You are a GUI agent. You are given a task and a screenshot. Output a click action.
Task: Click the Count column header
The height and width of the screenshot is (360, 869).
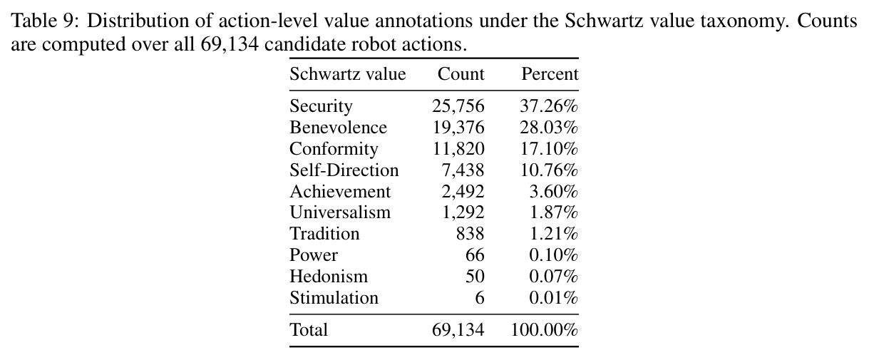[x=461, y=73]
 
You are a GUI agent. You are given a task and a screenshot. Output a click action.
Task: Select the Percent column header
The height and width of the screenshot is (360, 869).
[x=550, y=73]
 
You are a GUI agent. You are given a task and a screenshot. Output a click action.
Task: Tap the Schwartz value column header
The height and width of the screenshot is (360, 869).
[x=348, y=73]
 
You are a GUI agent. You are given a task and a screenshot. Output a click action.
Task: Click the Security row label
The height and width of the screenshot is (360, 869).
[x=322, y=106]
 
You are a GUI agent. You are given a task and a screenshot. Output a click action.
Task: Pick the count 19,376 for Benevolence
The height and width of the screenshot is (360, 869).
[x=458, y=127]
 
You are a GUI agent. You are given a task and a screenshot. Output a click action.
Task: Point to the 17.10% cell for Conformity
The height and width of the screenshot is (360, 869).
[x=549, y=148]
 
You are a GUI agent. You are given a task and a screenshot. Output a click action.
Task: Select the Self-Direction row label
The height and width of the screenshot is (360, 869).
[x=344, y=170]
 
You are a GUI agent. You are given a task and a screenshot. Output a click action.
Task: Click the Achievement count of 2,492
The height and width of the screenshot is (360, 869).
[x=463, y=191]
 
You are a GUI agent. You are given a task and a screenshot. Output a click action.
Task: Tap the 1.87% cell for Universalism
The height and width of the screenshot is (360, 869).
[x=554, y=212]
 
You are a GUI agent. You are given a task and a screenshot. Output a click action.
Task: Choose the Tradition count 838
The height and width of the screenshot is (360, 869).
[x=471, y=234]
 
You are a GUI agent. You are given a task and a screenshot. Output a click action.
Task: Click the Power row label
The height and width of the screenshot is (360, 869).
[x=314, y=255]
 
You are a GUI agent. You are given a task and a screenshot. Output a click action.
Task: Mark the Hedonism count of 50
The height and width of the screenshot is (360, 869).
[x=475, y=276]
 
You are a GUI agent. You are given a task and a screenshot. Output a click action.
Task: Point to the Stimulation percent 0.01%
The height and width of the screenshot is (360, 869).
[x=554, y=297]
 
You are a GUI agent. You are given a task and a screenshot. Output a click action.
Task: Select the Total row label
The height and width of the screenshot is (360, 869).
[x=309, y=330]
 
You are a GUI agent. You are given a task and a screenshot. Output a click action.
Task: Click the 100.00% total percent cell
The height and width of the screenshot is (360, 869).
[x=545, y=330]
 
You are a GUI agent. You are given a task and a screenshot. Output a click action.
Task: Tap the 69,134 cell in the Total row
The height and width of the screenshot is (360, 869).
[x=458, y=330]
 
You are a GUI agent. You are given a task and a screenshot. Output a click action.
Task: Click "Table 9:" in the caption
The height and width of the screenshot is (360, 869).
[x=45, y=20]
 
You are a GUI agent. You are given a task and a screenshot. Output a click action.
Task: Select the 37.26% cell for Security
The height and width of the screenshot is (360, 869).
[x=549, y=106]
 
